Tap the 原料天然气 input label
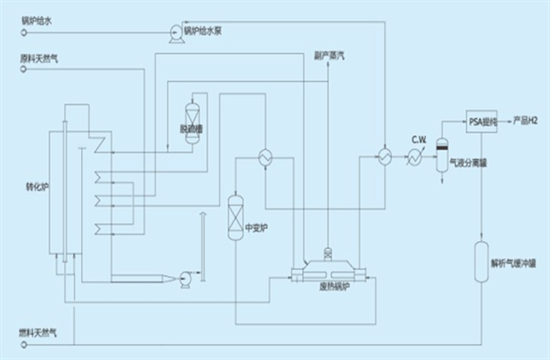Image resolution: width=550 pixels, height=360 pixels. tap(41, 59)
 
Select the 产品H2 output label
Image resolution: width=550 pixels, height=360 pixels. tap(526, 120)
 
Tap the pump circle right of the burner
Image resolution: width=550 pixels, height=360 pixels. tap(186, 278)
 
